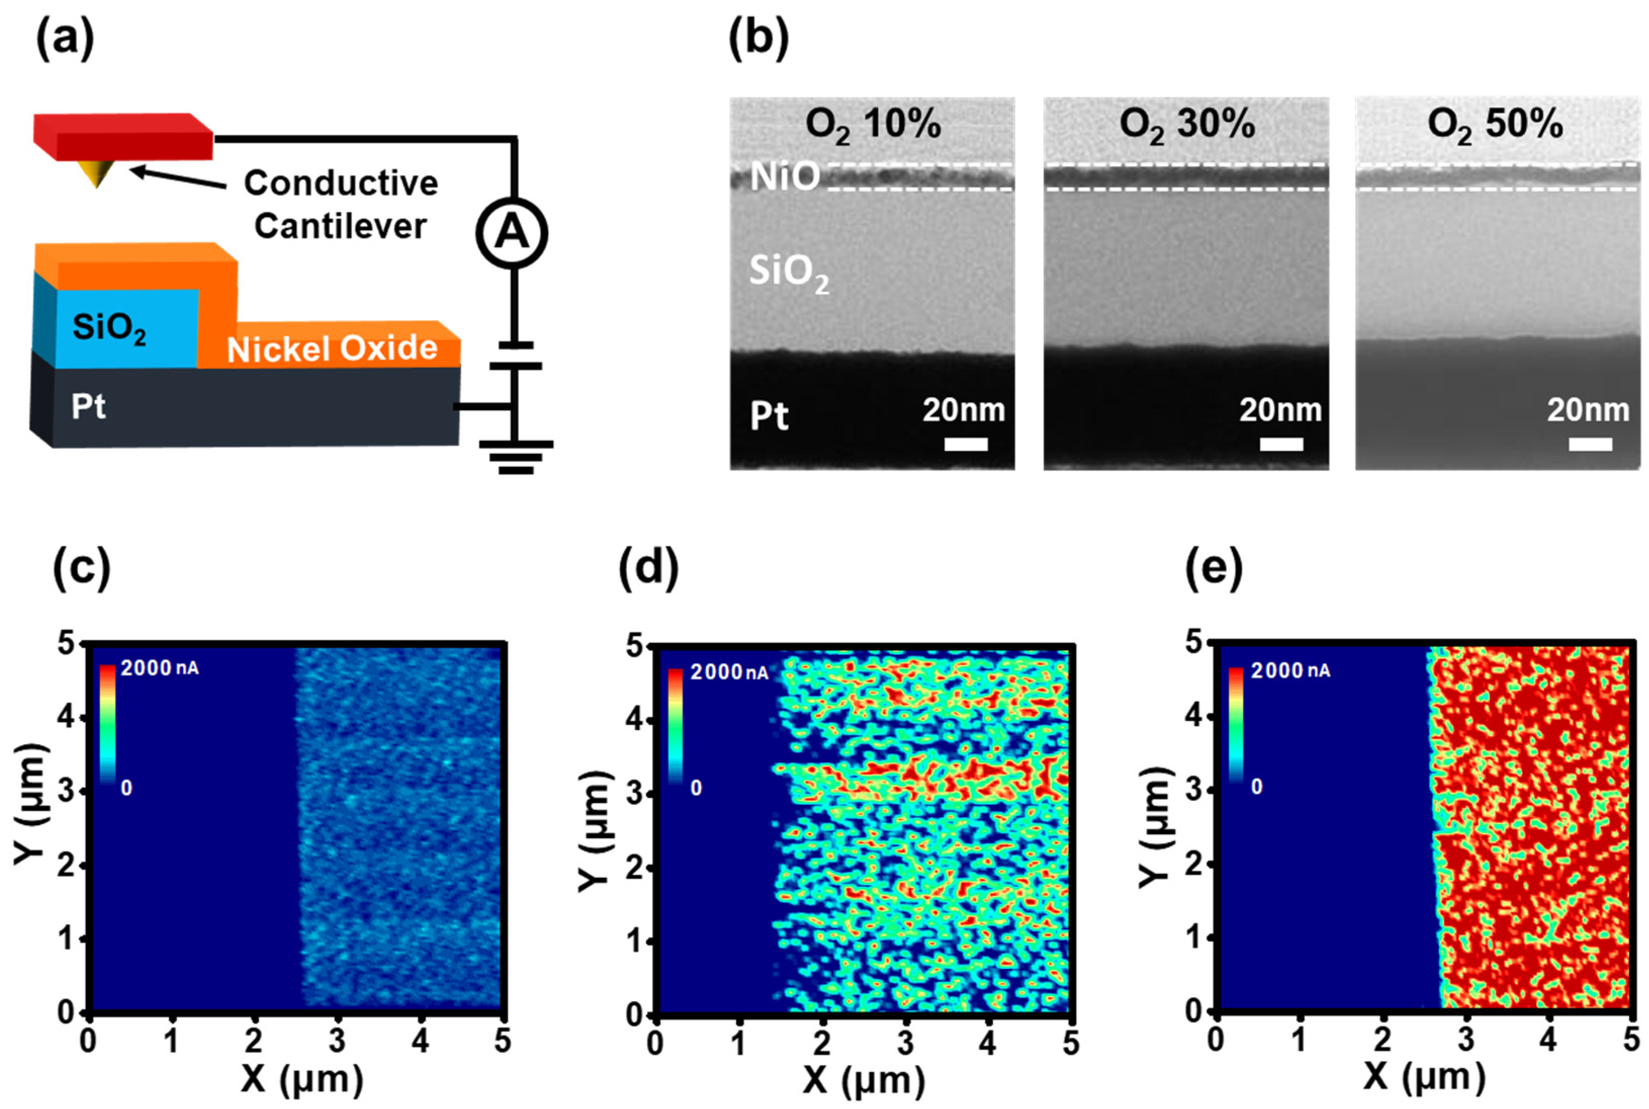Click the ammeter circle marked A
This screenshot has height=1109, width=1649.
(x=511, y=233)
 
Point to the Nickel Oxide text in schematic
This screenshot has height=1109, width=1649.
(x=332, y=349)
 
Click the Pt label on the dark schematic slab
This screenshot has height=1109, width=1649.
(x=88, y=407)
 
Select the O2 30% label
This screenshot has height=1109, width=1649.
(x=1187, y=125)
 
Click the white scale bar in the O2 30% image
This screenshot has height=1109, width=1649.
(x=1281, y=444)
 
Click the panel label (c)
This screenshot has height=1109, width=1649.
(x=81, y=568)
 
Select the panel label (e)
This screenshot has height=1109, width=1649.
(x=1213, y=568)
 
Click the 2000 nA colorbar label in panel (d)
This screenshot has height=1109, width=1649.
(x=728, y=671)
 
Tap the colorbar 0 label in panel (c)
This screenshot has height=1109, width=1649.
(x=126, y=787)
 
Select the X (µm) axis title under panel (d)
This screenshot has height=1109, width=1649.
(x=864, y=1080)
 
